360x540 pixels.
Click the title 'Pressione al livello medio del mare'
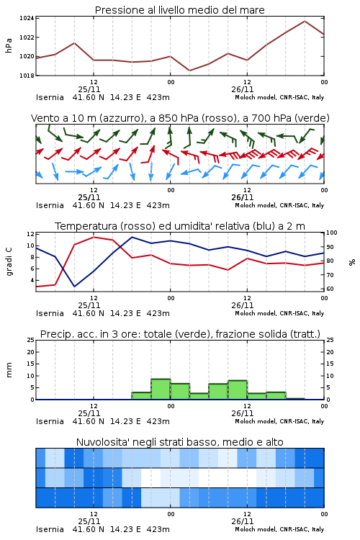tap(179, 10)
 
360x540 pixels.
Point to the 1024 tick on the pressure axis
tap(27, 18)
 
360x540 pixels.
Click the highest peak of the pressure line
tap(305, 21)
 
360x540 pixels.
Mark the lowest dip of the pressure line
tap(189, 71)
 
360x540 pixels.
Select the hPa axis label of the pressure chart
tap(9, 45)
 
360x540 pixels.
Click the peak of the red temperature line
tap(94, 237)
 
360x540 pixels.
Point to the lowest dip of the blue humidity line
tap(74, 286)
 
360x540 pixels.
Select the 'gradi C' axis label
tap(9, 261)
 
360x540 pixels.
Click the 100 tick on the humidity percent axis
tap(332, 233)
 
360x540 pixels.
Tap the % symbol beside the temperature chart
tap(352, 262)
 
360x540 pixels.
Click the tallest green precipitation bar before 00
tap(161, 389)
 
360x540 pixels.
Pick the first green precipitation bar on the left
tap(142, 396)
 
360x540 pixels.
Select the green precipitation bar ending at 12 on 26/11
tap(238, 390)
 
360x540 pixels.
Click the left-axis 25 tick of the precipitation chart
tap(31, 341)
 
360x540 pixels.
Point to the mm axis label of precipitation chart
tap(9, 369)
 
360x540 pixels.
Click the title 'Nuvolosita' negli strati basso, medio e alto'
tap(179, 442)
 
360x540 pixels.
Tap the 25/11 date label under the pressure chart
tap(89, 89)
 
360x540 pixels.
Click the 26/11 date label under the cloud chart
tap(243, 521)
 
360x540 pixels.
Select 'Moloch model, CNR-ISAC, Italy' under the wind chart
tap(279, 205)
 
